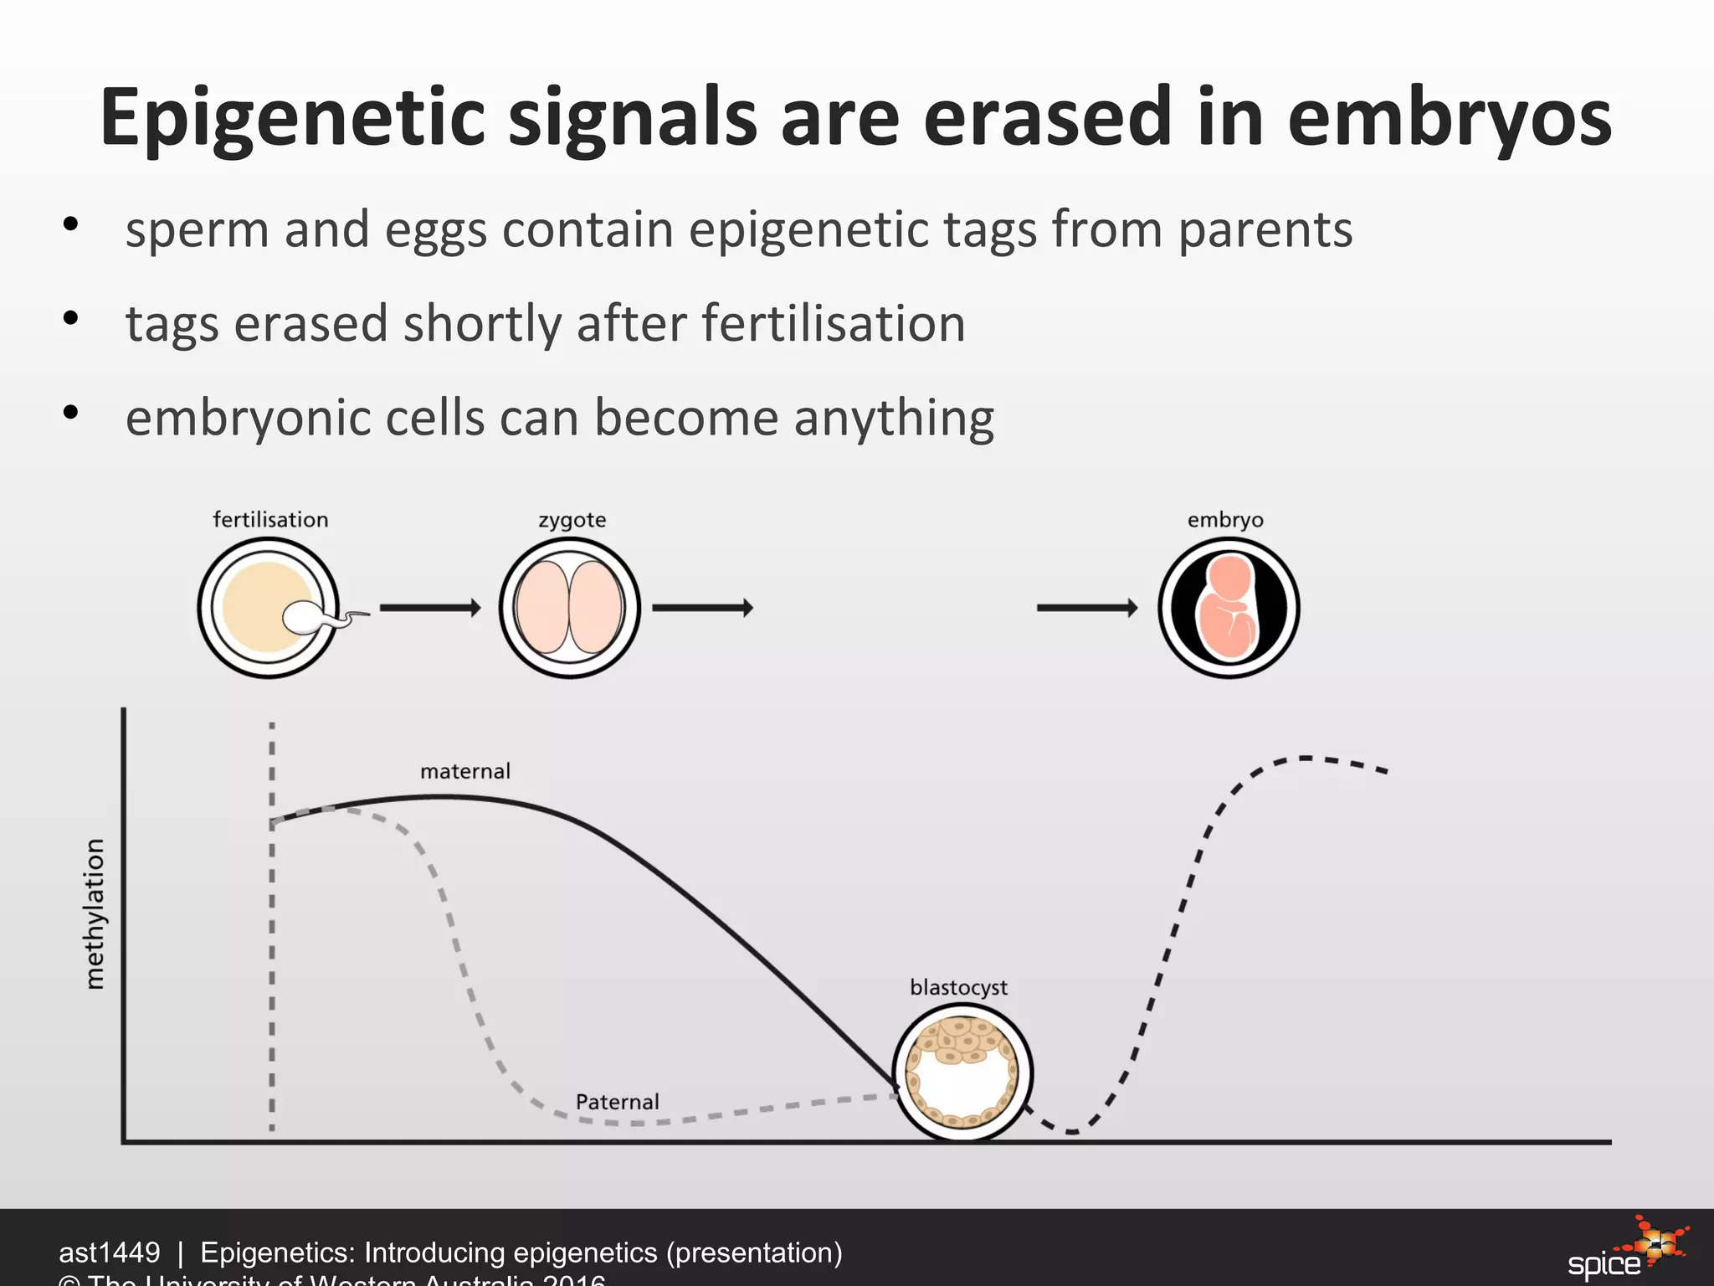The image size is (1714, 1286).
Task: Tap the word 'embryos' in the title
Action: pos(1449,119)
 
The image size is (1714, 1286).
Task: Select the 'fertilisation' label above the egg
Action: pos(270,520)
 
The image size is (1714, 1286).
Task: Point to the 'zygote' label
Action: pos(572,520)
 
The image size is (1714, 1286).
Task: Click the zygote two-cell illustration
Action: pos(569,608)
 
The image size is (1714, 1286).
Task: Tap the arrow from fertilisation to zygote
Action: pos(430,608)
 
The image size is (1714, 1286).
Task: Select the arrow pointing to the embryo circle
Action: pos(1086,608)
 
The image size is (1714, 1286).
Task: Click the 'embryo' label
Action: pos(1224,520)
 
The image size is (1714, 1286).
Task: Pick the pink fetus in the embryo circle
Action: pos(1228,610)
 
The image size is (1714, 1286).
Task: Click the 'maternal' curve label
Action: pos(464,771)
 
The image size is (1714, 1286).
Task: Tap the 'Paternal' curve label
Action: pos(617,1102)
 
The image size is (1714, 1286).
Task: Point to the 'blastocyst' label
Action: pos(958,988)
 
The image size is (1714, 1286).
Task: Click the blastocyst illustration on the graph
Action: pos(962,1073)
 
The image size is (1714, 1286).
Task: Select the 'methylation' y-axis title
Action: pos(95,913)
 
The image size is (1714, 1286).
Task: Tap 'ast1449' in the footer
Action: pos(109,1253)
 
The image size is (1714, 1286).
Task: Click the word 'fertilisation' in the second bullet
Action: pos(833,324)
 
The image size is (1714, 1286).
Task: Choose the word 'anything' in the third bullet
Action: pos(894,419)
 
